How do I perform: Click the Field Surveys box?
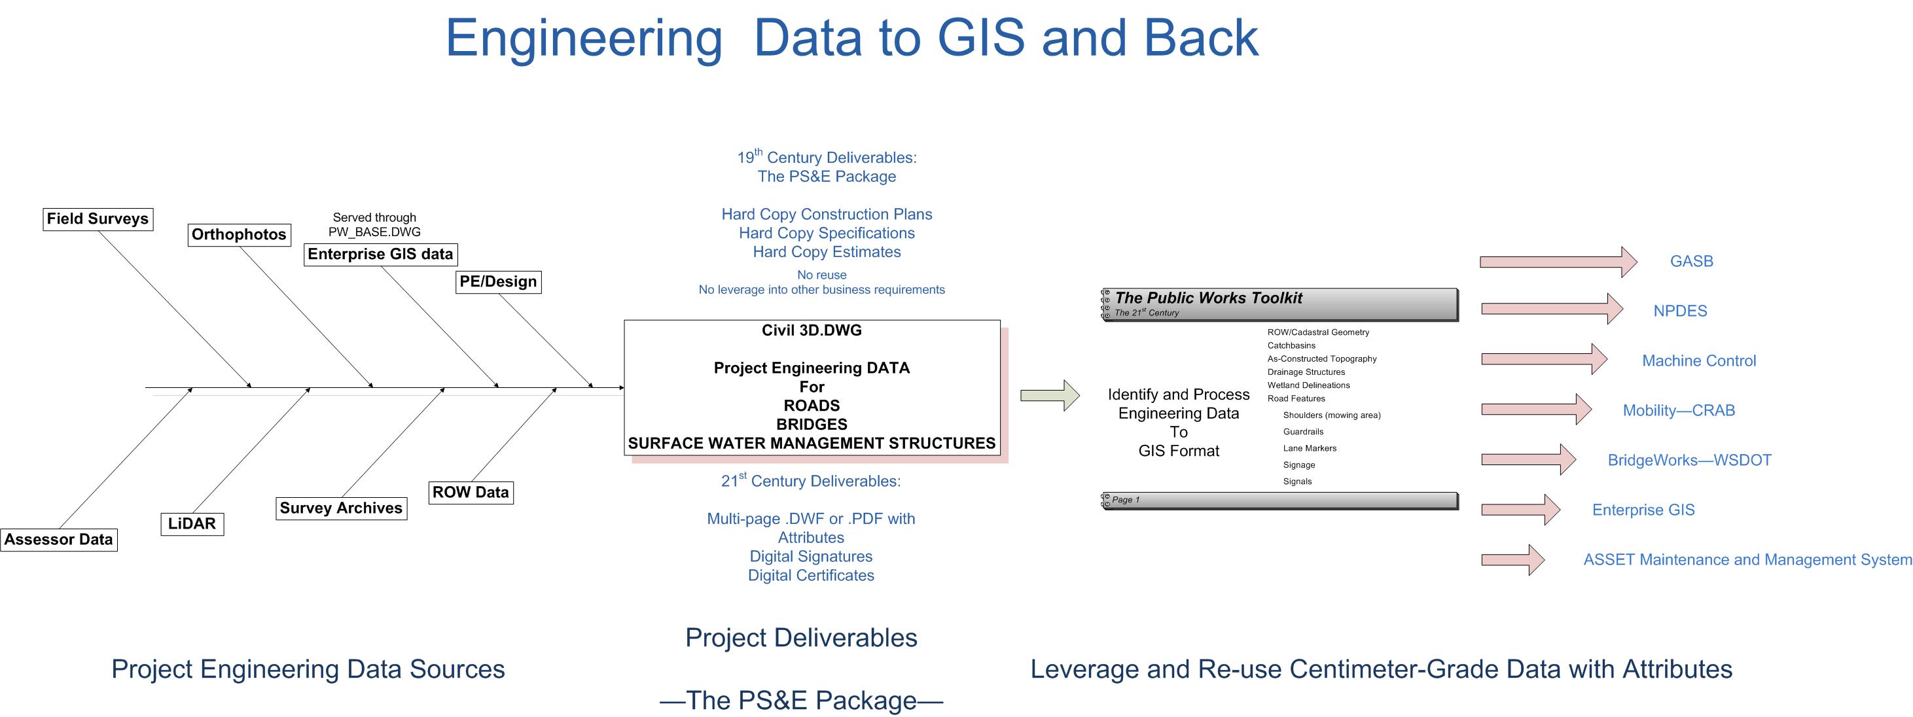coord(98,219)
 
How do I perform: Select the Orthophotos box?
coord(238,235)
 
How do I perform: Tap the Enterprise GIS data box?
coord(380,254)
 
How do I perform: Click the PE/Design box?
coord(497,281)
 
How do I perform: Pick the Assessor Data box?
coord(59,540)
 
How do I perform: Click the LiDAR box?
coord(192,523)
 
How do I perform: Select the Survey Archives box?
coord(341,508)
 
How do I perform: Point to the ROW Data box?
coord(470,492)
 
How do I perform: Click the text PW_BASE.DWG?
coord(374,232)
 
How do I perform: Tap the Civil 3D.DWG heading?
coord(811,330)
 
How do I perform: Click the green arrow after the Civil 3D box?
coord(1048,395)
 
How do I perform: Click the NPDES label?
coord(1680,311)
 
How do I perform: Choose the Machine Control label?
coord(1698,360)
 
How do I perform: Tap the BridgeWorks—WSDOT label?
coord(1689,460)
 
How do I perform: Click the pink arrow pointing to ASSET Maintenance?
coord(1512,559)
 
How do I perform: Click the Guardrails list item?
coord(1302,431)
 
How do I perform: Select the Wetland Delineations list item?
coord(1308,385)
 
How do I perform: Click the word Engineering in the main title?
coord(584,39)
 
